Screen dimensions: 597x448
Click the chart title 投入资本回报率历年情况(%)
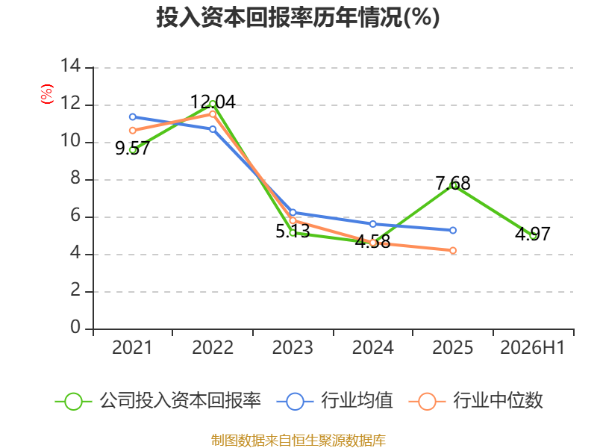pyautogui.click(x=298, y=17)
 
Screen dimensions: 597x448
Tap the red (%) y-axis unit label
pyautogui.click(x=47, y=94)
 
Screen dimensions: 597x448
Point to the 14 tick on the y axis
pyautogui.click(x=71, y=66)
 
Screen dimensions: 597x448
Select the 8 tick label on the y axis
pyautogui.click(x=76, y=178)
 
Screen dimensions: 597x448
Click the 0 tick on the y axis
pyautogui.click(x=76, y=328)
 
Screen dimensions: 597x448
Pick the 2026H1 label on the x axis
pyautogui.click(x=532, y=348)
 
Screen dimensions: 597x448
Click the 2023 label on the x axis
pyautogui.click(x=293, y=348)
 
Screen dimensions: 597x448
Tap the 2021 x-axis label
pyautogui.click(x=132, y=348)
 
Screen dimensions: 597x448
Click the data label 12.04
pyautogui.click(x=213, y=102)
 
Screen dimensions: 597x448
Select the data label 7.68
pyautogui.click(x=453, y=184)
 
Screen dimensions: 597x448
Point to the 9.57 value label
pyautogui.click(x=133, y=149)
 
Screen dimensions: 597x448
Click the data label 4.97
pyautogui.click(x=533, y=234)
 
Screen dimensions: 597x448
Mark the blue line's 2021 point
pyautogui.click(x=133, y=116)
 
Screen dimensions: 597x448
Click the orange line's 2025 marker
pyautogui.click(x=453, y=250)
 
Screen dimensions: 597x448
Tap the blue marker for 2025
pyautogui.click(x=453, y=230)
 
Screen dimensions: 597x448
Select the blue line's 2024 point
pyautogui.click(x=372, y=224)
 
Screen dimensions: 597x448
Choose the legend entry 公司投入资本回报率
pyautogui.click(x=157, y=401)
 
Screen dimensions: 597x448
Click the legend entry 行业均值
pyautogui.click(x=334, y=401)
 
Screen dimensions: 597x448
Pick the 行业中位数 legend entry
pyautogui.click(x=475, y=401)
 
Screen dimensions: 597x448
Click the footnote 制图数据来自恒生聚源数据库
pyautogui.click(x=298, y=441)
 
